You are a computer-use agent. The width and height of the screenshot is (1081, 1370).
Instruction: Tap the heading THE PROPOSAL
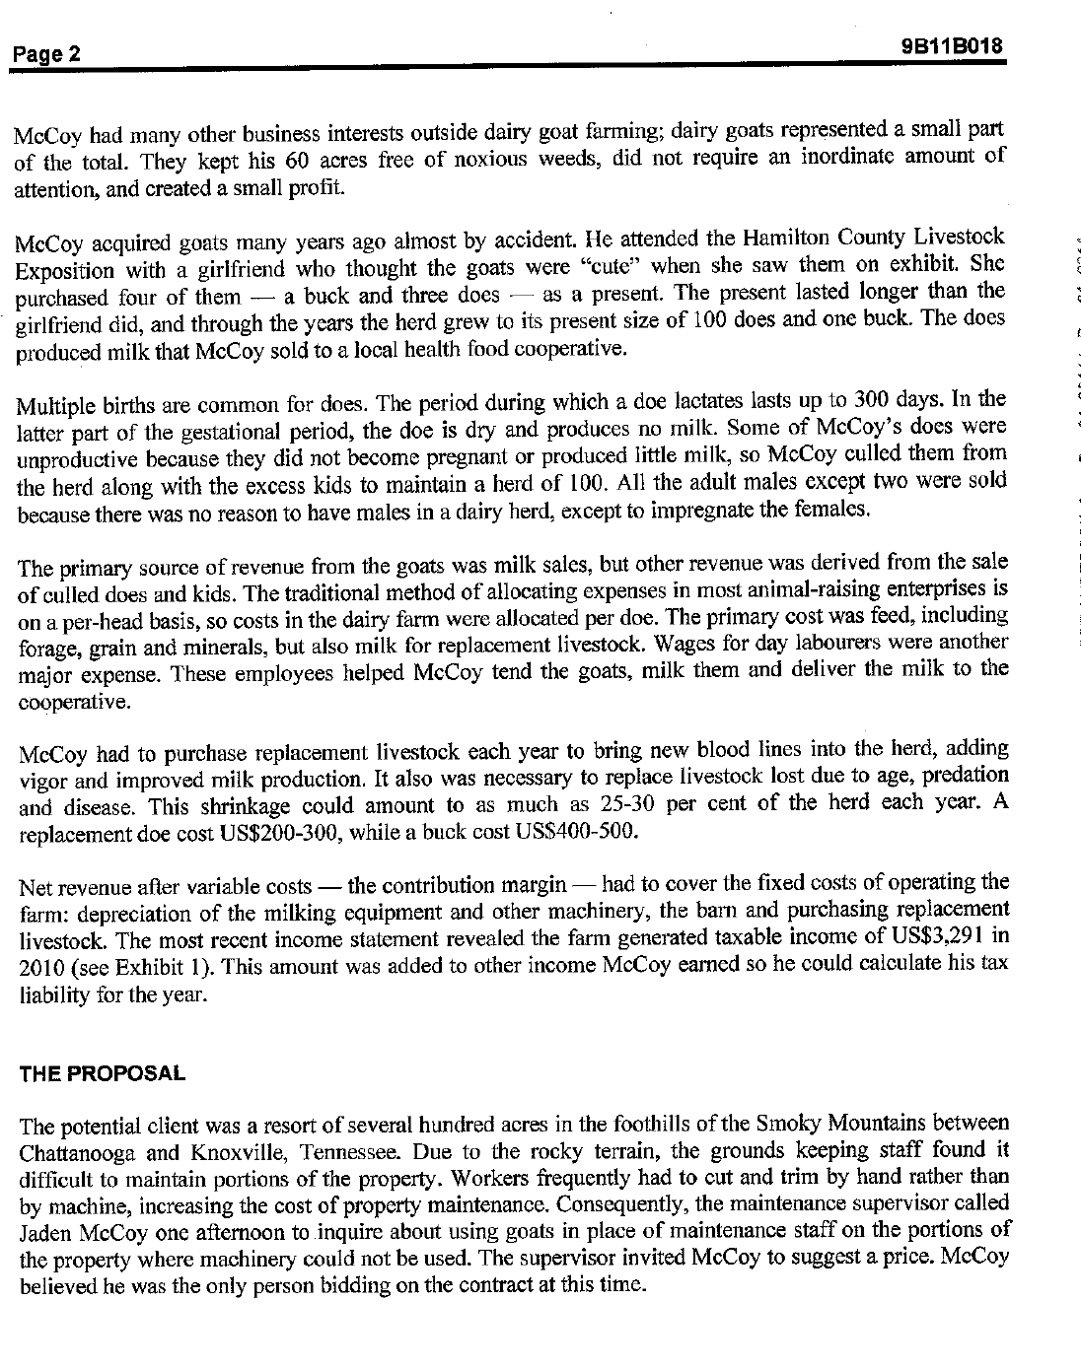click(102, 1073)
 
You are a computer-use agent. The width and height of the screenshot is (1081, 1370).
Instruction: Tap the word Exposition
click(60, 268)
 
